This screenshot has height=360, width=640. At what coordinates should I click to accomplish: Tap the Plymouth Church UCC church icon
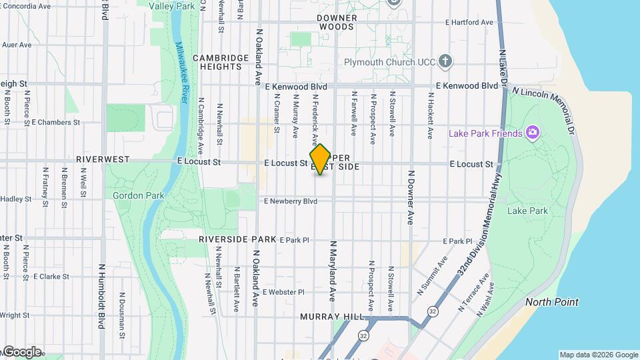tap(446, 62)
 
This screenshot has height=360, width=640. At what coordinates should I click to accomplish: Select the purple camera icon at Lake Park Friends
tap(532, 133)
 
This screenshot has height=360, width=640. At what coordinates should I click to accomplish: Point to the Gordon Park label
tap(129, 195)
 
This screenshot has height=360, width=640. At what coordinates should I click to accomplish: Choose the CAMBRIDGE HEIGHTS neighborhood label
tap(217, 62)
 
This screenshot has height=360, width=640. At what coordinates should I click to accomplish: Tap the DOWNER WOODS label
tap(336, 22)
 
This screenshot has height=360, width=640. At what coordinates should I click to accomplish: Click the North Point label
tap(551, 302)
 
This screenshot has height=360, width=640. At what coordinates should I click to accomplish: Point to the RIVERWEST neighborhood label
tap(102, 160)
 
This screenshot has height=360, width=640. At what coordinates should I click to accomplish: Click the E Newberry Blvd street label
tap(291, 201)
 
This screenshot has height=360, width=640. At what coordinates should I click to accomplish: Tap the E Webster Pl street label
tap(283, 292)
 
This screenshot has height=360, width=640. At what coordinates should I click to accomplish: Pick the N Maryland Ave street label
tap(331, 270)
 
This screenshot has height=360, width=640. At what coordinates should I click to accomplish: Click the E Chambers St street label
tap(55, 123)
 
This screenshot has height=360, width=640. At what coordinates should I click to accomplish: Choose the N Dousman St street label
tap(121, 313)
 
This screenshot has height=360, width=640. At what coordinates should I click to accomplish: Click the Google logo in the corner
tap(22, 351)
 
